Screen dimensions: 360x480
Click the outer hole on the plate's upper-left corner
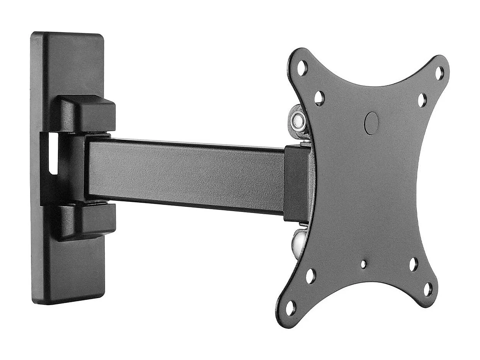point(302,68)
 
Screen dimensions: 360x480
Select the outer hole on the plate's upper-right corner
point(439,73)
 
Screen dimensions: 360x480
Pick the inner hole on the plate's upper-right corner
point(422,100)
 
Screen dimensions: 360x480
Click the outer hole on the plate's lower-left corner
point(290,308)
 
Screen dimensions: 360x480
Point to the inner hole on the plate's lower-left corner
point(310,276)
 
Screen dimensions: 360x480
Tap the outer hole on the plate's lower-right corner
point(428,289)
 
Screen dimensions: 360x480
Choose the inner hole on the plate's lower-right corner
point(413,264)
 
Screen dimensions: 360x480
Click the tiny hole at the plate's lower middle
point(363,264)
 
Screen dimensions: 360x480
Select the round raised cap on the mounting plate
point(371,123)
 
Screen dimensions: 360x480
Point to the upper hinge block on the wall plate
point(87,113)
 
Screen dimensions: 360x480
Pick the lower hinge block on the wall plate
point(87,221)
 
